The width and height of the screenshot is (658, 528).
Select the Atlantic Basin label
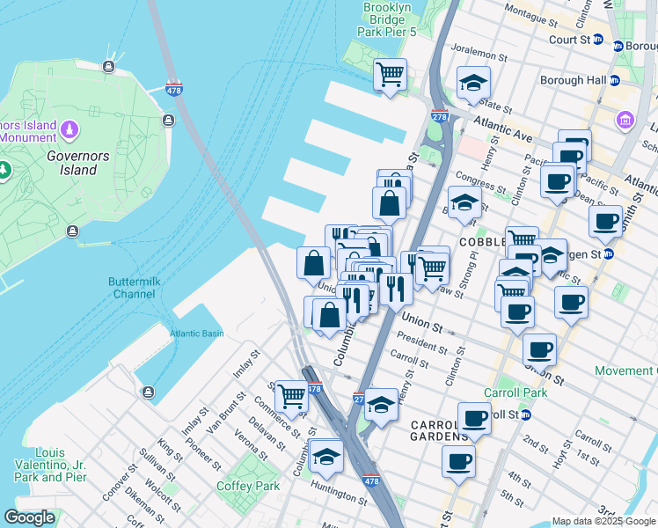point(196,334)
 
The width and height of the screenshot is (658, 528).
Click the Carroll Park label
point(515,392)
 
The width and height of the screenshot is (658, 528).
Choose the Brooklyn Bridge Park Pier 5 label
point(388,19)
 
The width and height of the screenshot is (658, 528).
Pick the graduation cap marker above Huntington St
point(326,456)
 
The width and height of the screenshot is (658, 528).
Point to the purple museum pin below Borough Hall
point(625,119)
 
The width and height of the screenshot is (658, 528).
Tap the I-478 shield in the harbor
point(175,90)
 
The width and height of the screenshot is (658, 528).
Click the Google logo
point(29,517)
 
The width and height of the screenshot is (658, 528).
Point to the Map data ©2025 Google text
point(603,521)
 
